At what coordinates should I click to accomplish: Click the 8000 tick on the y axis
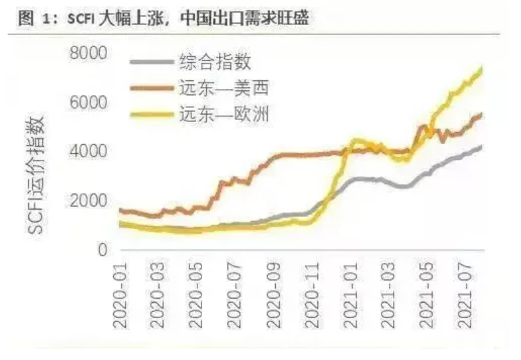tap(90, 53)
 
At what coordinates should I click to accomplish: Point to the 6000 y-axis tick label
tap(90, 102)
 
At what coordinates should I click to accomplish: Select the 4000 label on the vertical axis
tap(90, 151)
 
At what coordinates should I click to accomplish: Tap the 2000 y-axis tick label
tap(90, 200)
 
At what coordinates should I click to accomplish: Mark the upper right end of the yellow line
tap(481, 69)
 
